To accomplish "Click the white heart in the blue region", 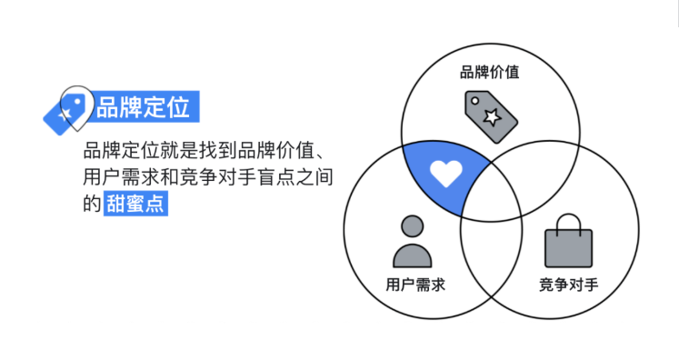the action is click(x=446, y=172).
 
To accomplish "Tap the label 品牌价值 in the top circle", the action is click(x=491, y=72).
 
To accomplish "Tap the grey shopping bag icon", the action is click(x=568, y=241).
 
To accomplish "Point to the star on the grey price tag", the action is click(x=492, y=115).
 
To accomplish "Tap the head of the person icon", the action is click(x=412, y=226).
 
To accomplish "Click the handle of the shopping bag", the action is click(x=568, y=221).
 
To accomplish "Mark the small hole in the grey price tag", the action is click(x=473, y=98).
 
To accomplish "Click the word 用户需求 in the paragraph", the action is click(x=118, y=176).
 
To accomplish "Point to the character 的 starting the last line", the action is click(x=91, y=204).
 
